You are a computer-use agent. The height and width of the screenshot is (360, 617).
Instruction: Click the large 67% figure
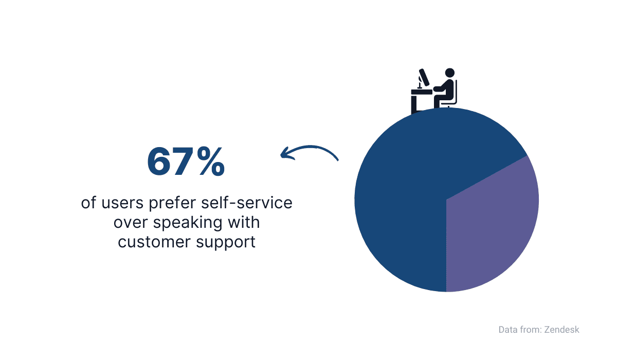point(186,161)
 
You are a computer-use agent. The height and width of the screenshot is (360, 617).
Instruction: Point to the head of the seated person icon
point(450,73)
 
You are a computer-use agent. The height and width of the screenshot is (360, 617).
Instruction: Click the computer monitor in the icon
point(424,77)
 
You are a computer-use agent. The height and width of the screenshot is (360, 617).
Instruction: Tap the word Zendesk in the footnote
point(561,330)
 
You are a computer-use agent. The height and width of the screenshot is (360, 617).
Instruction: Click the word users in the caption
point(122,203)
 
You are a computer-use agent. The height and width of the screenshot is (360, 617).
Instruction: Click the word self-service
point(246,203)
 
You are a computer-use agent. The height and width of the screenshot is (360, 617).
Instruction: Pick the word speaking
point(188,223)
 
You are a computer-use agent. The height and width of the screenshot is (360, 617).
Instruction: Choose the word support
point(226,243)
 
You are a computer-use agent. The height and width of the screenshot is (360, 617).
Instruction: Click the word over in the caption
point(131,223)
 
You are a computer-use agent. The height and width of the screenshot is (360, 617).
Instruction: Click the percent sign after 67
point(211,161)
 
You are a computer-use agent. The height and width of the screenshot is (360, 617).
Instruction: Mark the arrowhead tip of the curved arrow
point(281,156)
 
